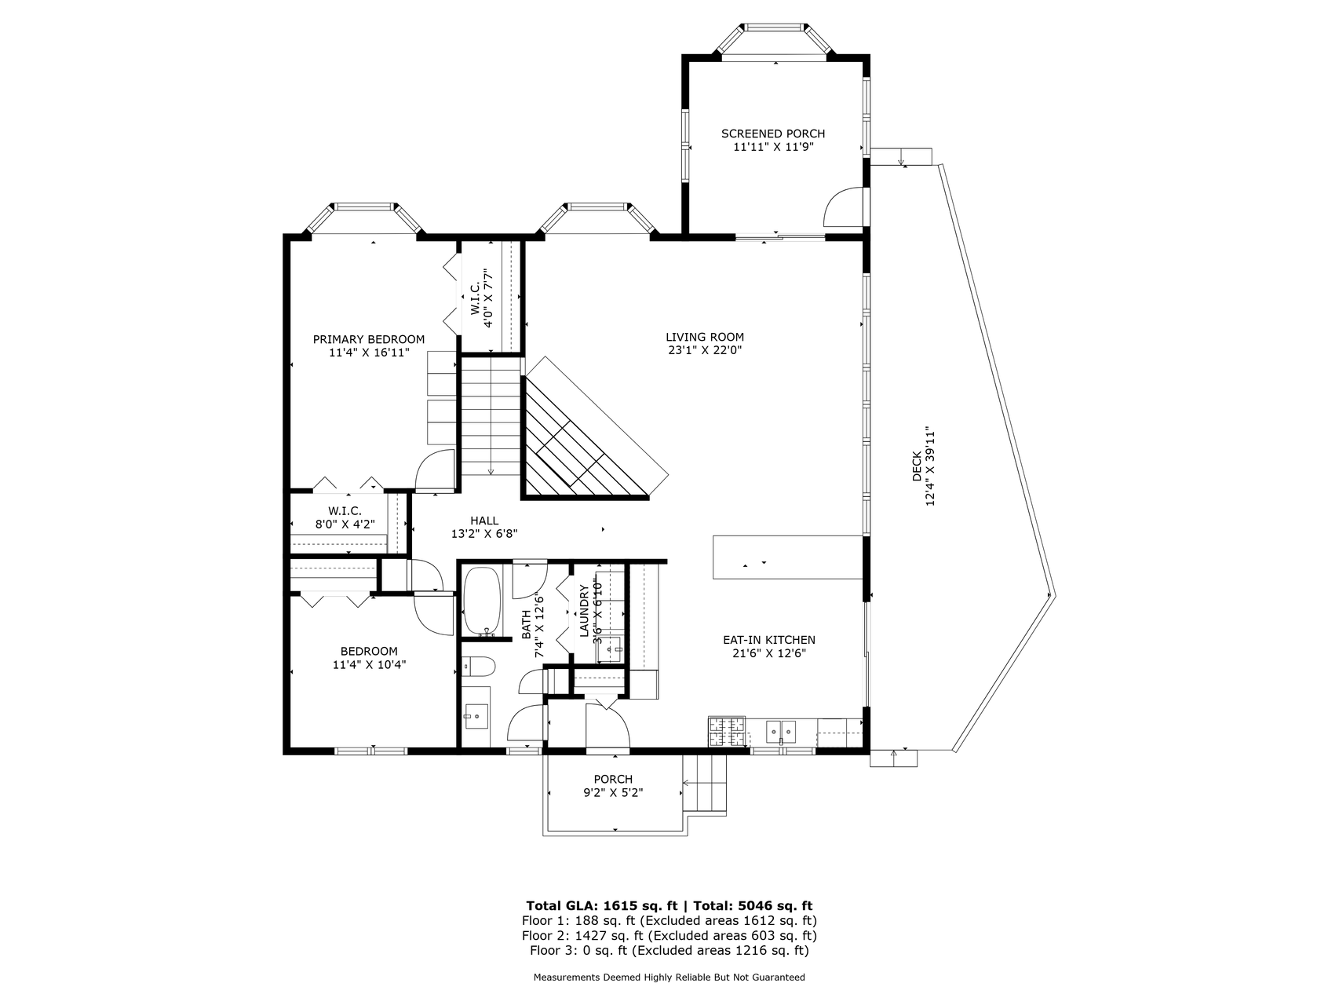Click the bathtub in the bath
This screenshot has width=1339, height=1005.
(x=482, y=601)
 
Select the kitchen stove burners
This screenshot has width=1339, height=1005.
(x=727, y=731)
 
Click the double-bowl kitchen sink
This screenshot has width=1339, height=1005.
(x=781, y=732)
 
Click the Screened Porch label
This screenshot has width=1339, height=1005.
(x=773, y=133)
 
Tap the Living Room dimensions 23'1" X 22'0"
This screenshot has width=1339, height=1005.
(x=705, y=350)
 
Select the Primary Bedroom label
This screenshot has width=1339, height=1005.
(x=369, y=339)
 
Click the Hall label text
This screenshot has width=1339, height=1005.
(x=484, y=521)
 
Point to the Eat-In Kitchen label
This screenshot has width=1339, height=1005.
(x=769, y=640)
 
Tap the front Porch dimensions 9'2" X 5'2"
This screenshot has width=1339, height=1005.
(x=613, y=793)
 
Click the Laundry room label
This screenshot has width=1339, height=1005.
(x=584, y=611)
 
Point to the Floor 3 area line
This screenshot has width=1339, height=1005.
(x=669, y=951)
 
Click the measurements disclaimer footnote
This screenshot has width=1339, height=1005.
(x=669, y=978)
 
